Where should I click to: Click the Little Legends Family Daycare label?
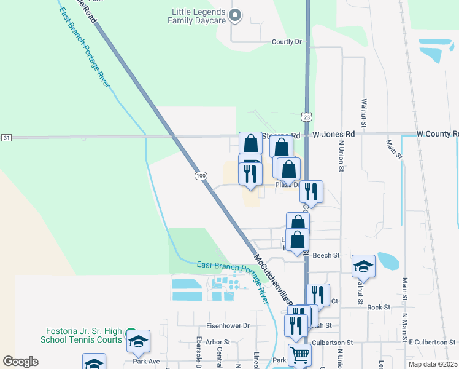click(197, 15)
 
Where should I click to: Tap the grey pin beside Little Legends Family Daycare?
click(234, 15)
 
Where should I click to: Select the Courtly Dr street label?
click(287, 42)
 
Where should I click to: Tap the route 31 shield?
click(6, 137)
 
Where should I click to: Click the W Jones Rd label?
click(334, 133)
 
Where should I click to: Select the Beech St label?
click(326, 255)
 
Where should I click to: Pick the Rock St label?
click(379, 307)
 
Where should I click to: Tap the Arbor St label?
click(218, 342)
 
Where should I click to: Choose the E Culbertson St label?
click(433, 342)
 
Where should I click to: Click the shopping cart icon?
click(299, 354)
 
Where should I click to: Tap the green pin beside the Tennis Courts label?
click(131, 334)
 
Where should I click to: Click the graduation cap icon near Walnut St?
click(363, 266)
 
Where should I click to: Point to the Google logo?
click(20, 362)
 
